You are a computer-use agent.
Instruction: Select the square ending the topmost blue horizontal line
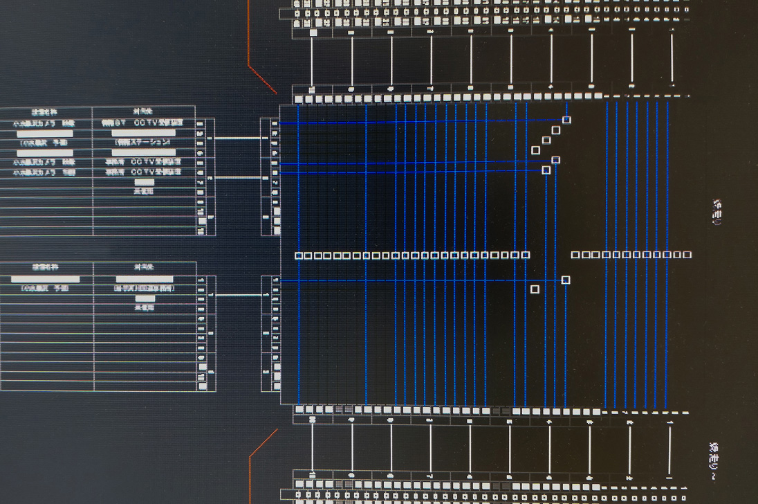tap(566, 120)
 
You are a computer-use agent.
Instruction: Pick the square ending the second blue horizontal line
tap(555, 160)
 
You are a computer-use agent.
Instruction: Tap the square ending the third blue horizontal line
tap(546, 170)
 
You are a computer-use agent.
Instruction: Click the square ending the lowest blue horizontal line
tap(566, 280)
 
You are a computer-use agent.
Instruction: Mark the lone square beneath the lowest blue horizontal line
tap(535, 289)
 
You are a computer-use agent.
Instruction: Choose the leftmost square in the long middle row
tap(299, 255)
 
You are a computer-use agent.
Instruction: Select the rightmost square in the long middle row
tap(687, 255)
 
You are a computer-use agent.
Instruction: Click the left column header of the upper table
tap(45, 111)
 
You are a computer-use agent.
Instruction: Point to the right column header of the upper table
tap(143, 111)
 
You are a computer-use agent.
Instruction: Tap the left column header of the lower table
tap(45, 267)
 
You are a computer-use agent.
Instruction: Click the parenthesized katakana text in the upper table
tap(143, 142)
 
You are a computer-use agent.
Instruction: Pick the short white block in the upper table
tap(144, 181)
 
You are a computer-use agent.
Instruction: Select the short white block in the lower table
tap(145, 298)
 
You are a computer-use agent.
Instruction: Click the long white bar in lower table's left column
tap(45, 279)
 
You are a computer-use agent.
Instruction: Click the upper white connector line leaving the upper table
tap(237, 138)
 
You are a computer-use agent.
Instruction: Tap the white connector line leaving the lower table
tap(237, 295)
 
